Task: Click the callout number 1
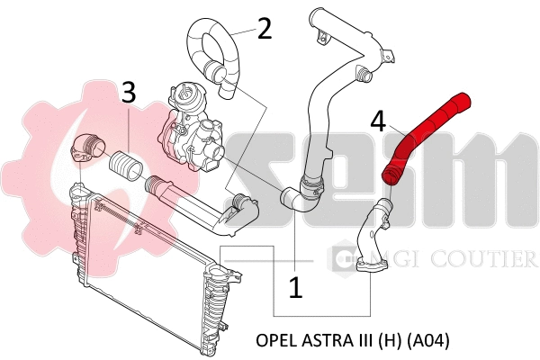point(295,287)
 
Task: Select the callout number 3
point(129,92)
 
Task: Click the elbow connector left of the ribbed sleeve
point(88,148)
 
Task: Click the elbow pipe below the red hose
point(373,238)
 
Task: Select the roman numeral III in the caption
point(364,341)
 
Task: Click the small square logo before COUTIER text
point(342,260)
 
